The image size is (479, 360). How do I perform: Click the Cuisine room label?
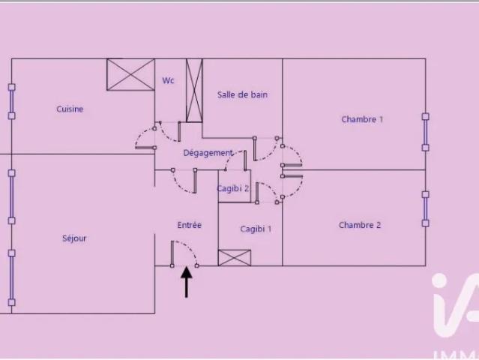(x=70, y=109)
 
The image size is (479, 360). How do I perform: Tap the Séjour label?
(x=74, y=238)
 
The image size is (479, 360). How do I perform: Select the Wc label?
(x=168, y=80)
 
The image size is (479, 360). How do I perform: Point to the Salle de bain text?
(x=242, y=94)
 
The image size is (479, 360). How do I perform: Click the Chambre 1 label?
(x=362, y=119)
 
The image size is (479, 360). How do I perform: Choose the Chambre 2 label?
(x=360, y=225)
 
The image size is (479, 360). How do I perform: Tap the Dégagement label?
(x=208, y=153)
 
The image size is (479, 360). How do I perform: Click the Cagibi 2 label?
(x=233, y=188)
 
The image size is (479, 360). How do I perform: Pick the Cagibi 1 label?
(x=256, y=229)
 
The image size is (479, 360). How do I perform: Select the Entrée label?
(x=190, y=225)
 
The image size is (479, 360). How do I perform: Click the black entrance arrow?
(x=187, y=282)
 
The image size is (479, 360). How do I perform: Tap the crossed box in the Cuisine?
(x=130, y=74)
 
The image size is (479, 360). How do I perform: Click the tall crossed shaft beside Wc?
(x=194, y=91)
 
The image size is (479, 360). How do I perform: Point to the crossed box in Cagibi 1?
(x=235, y=257)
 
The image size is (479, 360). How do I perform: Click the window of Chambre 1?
(x=426, y=132)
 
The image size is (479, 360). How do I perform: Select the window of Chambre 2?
(x=426, y=208)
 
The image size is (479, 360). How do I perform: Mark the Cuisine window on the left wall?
(x=11, y=101)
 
